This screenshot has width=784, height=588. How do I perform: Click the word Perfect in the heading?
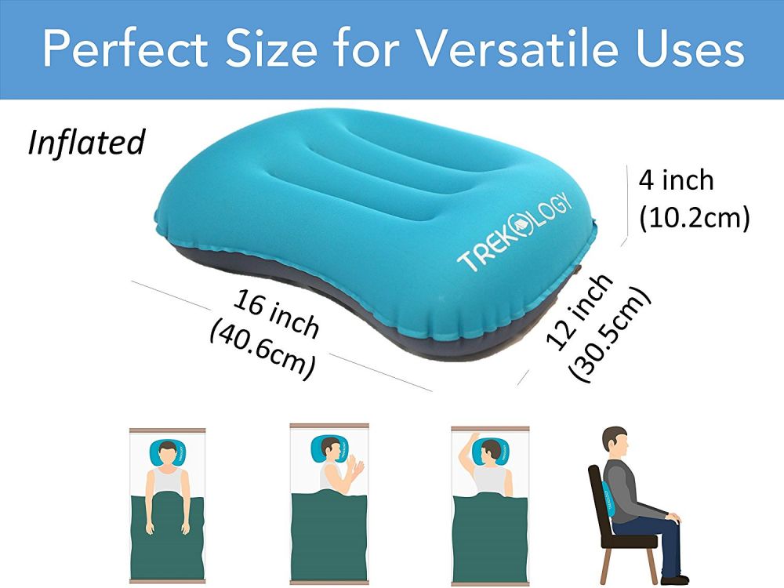coord(125,48)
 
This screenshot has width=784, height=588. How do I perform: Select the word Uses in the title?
coord(691,48)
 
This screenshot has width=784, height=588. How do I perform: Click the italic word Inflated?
coord(86,142)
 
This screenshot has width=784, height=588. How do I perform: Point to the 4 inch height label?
coord(676,180)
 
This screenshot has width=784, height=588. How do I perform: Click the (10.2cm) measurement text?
coord(695,217)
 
